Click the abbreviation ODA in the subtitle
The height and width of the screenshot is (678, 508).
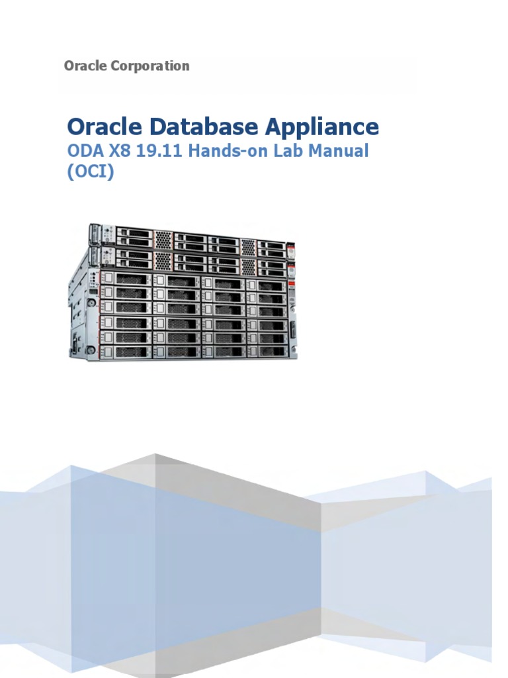(85, 151)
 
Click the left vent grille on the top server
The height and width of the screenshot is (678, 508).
(163, 239)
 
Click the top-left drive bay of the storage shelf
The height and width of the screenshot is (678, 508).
(126, 278)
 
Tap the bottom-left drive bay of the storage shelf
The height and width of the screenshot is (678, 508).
(126, 351)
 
